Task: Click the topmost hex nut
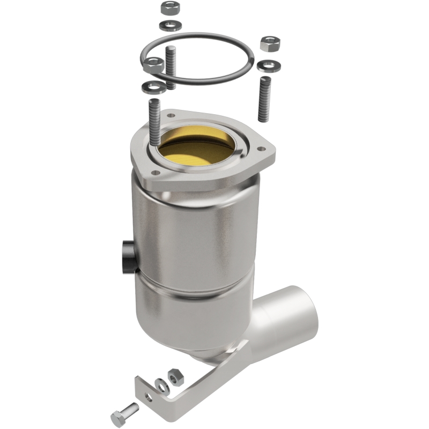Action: coord(169,8)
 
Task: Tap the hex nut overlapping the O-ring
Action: coord(154,66)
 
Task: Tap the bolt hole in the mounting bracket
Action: coord(148,397)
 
